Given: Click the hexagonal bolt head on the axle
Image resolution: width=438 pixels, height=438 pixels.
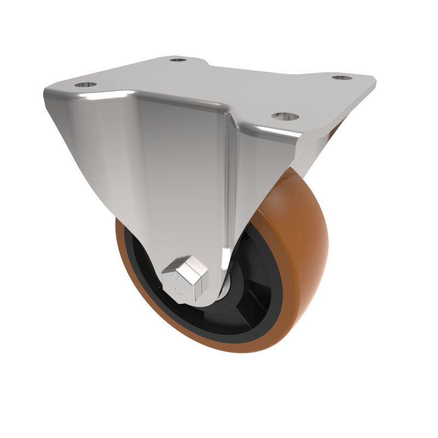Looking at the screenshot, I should (x=185, y=280).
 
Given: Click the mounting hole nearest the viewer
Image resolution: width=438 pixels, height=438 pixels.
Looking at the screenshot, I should (x=285, y=117).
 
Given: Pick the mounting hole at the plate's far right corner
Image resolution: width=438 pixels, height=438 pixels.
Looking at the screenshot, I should (x=342, y=78).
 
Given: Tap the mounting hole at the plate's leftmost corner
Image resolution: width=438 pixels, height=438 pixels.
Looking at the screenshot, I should (x=85, y=85).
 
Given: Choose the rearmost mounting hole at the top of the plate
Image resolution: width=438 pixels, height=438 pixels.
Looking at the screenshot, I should (x=177, y=59).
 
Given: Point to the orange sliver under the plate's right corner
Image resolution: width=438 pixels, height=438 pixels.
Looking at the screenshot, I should (x=335, y=131).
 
